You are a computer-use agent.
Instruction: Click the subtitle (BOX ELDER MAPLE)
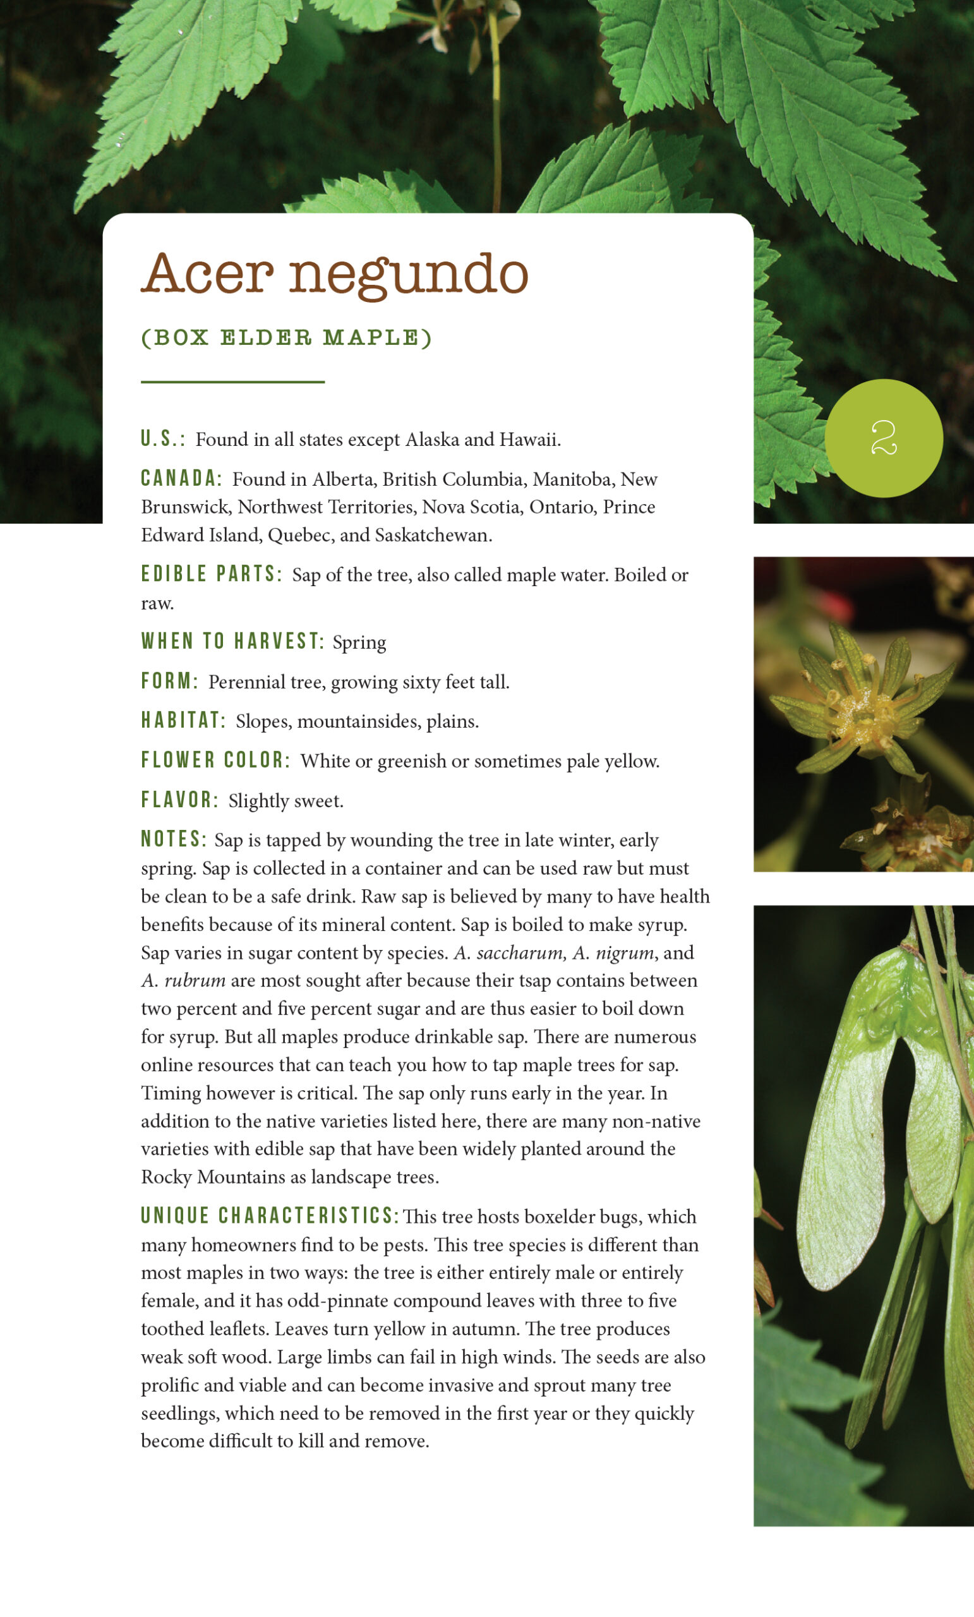[287, 338]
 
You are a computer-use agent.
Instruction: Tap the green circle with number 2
[884, 438]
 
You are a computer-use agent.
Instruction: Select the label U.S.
[162, 439]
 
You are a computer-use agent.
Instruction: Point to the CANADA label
[181, 478]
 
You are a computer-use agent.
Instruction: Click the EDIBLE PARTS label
[212, 574]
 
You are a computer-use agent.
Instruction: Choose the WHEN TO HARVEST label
[232, 641]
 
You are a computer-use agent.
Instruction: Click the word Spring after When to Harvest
[359, 642]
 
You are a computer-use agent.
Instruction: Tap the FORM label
[169, 681]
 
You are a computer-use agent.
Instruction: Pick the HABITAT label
[183, 721]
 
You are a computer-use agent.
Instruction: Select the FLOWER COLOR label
[215, 760]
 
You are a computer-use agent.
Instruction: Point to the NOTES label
[174, 839]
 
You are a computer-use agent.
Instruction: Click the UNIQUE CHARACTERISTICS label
[270, 1215]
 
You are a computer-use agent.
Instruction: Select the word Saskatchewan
[433, 535]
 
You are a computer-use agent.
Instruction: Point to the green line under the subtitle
[232, 382]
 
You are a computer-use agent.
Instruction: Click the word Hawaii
[529, 439]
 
